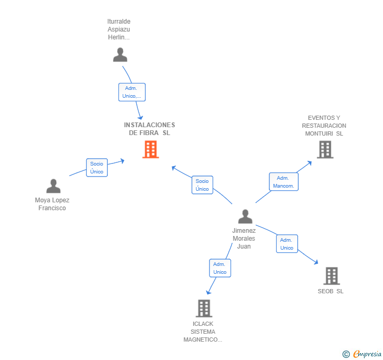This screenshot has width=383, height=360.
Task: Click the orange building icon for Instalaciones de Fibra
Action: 151,149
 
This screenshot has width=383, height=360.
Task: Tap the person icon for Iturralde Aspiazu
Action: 120,55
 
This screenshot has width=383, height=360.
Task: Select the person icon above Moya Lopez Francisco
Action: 53,186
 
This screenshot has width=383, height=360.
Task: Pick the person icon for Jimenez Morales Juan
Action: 245,217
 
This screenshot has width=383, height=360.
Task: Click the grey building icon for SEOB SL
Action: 331,275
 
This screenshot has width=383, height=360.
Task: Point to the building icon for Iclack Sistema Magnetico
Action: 204,308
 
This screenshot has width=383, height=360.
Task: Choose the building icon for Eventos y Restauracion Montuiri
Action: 325,149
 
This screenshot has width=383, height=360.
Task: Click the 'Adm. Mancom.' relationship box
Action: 284,182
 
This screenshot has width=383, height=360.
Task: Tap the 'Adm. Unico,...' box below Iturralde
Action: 132,92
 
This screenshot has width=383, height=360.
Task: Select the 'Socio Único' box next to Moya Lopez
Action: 97,168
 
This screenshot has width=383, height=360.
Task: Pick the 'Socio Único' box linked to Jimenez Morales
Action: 202,185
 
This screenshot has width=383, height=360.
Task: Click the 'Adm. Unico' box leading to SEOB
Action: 287,244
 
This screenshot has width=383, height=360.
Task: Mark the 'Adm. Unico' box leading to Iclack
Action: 220,268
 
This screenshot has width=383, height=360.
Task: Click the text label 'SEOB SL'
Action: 330,291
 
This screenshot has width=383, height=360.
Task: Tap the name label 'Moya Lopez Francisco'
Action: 52,204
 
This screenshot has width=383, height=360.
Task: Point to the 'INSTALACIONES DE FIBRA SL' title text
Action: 149,129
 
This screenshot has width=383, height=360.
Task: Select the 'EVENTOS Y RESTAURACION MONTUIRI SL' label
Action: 324,126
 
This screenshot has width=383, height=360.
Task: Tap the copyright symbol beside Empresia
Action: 346,354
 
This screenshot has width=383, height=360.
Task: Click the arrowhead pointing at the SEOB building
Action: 316,262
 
